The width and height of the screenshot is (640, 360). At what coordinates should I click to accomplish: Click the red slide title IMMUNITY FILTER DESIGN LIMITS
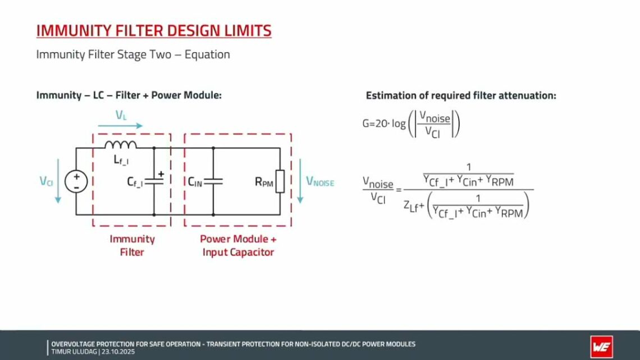(x=154, y=30)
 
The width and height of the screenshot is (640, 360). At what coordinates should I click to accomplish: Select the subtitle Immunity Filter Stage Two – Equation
(x=133, y=54)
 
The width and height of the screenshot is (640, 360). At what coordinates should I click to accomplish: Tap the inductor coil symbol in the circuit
(x=120, y=146)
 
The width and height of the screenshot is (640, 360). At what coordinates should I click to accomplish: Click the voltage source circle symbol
(x=76, y=181)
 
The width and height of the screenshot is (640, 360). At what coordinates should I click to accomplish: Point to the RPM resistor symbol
(x=279, y=181)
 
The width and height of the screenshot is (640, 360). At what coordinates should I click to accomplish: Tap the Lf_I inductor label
(x=122, y=161)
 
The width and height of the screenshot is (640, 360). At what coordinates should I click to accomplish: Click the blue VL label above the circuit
(x=121, y=115)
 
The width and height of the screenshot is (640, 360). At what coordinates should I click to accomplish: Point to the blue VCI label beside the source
(x=46, y=181)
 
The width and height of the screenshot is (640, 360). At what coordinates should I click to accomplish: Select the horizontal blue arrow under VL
(x=120, y=126)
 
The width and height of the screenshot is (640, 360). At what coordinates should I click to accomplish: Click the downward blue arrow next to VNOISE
(x=301, y=181)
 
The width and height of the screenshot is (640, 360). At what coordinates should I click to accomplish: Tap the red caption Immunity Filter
(x=132, y=245)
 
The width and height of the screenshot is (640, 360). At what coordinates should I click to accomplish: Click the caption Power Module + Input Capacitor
(x=238, y=245)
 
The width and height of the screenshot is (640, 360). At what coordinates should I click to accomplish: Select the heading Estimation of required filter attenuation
(x=461, y=95)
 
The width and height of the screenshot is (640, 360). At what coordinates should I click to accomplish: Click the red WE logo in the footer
(x=601, y=347)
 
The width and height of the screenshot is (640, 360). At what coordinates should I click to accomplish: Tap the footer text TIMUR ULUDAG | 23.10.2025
(x=93, y=352)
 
